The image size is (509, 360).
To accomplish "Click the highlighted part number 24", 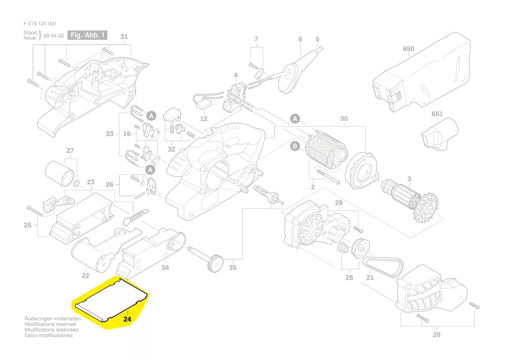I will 127,319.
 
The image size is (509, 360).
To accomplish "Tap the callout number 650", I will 408,49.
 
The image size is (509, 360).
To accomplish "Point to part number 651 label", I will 437,114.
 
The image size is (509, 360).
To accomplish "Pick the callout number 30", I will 344,119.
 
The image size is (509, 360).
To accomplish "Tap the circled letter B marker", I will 295,146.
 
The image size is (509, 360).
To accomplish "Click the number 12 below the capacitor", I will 204,119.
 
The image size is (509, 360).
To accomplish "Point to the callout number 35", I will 233,267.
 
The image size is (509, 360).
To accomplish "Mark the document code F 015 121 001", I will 40,24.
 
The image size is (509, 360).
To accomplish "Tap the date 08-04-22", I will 54,36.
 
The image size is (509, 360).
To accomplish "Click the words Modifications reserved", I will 50,324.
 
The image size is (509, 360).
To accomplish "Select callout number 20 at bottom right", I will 437,335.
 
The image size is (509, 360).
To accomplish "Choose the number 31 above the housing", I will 124,37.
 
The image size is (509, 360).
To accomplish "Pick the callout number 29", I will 338,203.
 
